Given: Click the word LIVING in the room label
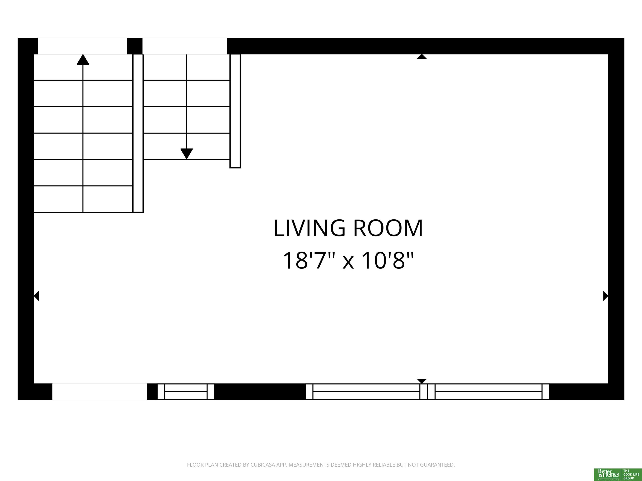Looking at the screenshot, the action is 309,228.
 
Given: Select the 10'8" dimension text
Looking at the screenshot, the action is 388,260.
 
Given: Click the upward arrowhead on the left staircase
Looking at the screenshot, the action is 83,59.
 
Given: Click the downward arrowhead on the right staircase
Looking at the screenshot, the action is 187,154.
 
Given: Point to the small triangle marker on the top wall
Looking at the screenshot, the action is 422,57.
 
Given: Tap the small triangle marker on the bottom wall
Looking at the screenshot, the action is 422,381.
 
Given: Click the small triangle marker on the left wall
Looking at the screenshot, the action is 36,296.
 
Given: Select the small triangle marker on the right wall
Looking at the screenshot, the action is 606,296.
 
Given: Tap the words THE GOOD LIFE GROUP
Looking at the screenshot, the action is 631,474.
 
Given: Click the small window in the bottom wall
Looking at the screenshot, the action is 186,391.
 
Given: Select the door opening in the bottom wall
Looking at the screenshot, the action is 99,391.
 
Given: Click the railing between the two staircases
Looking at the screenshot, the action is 138,133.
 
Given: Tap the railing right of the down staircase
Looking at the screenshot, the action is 235,111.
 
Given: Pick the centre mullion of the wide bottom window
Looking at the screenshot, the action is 428,391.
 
